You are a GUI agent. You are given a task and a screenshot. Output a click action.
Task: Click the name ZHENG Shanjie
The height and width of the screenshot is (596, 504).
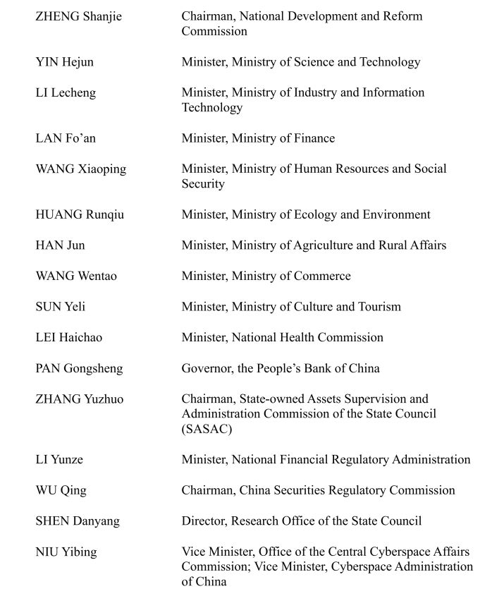78,16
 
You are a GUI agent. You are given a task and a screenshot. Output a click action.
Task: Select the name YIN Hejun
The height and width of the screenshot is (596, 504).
64,62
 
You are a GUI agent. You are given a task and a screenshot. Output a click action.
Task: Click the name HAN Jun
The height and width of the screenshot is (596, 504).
60,245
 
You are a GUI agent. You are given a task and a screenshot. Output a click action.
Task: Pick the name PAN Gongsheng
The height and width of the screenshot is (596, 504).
78,368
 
